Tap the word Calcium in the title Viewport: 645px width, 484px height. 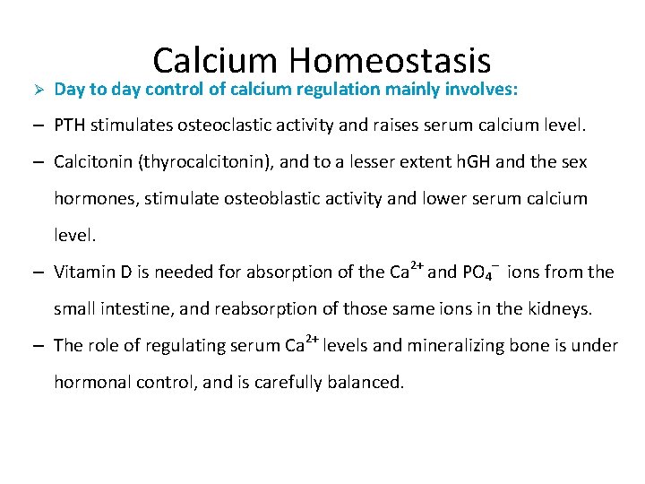tap(216, 61)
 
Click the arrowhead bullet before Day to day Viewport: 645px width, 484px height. tap(38, 90)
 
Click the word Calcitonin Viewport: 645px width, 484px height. tap(90, 162)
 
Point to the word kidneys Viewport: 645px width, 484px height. tap(561, 308)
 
